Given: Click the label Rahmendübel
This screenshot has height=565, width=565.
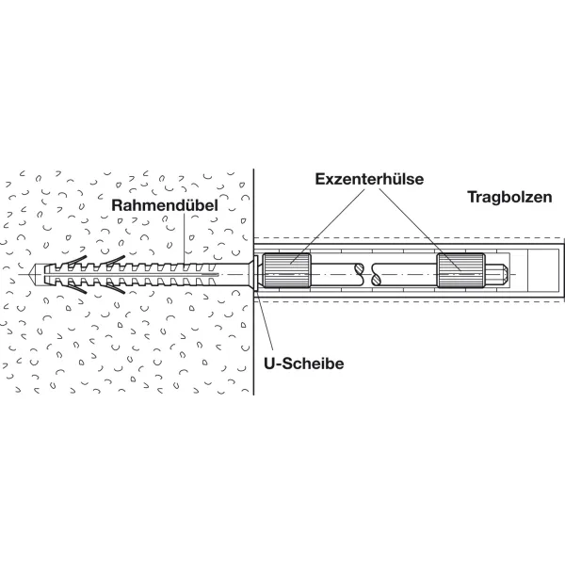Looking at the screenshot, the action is (x=165, y=205).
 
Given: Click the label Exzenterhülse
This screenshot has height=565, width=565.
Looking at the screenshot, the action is (x=369, y=179).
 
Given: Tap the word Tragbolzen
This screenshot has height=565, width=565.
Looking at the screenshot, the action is (x=509, y=197).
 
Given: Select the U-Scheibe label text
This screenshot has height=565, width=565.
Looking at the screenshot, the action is (x=304, y=363).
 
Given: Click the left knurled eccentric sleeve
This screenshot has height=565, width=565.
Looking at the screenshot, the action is (x=287, y=270).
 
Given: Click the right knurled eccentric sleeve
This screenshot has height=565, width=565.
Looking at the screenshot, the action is (x=461, y=270).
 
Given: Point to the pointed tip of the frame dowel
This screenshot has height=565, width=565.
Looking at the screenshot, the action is (x=29, y=275).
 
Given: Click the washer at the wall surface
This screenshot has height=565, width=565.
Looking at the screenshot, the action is (x=256, y=273).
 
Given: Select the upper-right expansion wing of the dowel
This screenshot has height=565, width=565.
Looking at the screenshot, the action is (x=114, y=260).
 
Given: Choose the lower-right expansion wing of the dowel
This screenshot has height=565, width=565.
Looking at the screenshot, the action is (x=114, y=288).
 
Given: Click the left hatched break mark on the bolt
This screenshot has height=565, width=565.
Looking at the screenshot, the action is (x=360, y=273).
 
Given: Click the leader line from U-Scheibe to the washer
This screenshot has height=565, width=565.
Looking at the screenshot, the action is (x=266, y=321).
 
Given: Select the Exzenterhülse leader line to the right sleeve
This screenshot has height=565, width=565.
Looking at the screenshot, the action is (x=420, y=229).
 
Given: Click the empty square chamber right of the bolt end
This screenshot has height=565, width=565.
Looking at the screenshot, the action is (x=544, y=270).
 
